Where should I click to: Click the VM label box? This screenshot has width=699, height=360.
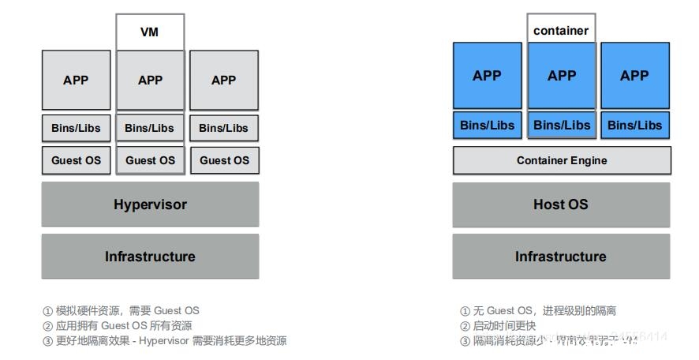(150, 32)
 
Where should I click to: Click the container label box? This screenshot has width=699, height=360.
(561, 30)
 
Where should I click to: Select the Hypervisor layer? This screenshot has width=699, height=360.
(150, 204)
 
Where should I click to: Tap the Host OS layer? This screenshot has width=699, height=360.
(561, 204)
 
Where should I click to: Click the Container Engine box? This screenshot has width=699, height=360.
(561, 160)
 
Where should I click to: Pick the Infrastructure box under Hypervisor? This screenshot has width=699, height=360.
(150, 257)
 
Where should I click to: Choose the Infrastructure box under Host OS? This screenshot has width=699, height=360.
(561, 257)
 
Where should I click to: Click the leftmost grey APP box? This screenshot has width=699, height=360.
(76, 80)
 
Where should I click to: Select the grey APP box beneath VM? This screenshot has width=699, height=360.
(150, 80)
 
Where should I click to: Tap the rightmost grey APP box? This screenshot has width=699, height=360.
(224, 80)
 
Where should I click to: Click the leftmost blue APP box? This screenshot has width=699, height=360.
(487, 76)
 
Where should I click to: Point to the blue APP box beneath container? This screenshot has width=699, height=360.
(561, 76)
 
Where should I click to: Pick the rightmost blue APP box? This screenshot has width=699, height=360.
(635, 76)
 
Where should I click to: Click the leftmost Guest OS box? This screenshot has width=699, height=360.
(76, 160)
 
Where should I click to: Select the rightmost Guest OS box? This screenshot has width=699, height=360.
(224, 160)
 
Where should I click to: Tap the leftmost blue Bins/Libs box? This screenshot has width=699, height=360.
(487, 125)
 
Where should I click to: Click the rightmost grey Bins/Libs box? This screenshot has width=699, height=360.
(224, 128)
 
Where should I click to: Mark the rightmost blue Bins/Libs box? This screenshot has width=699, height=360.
(635, 125)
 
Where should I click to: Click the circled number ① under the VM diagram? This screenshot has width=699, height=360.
(47, 311)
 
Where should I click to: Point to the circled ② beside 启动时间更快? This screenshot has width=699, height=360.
(465, 326)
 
